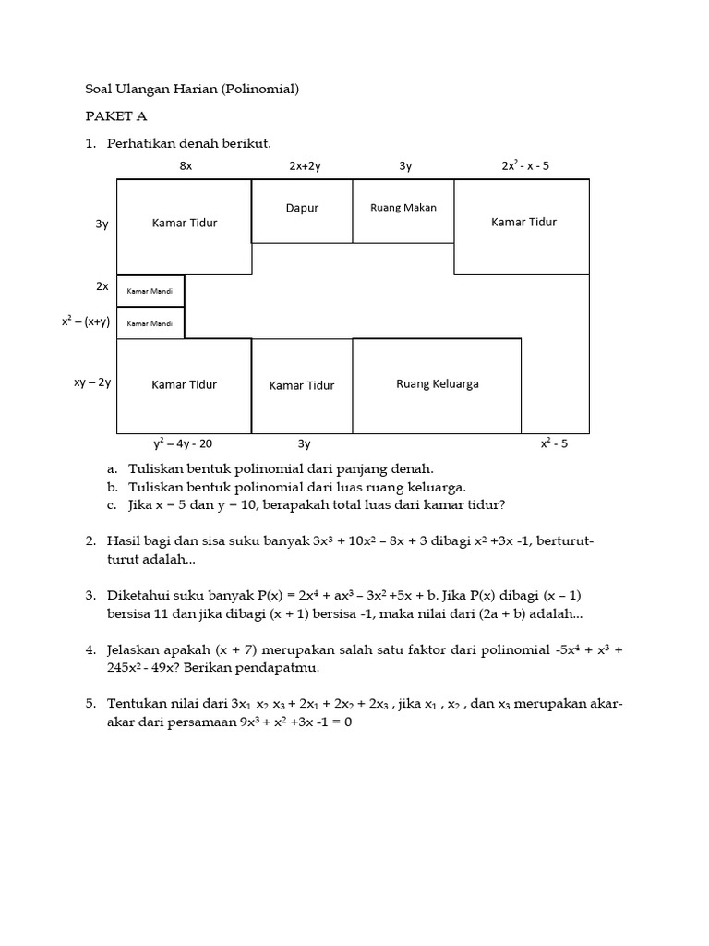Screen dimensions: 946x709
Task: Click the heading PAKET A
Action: tap(116, 116)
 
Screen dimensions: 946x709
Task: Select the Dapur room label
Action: tap(302, 208)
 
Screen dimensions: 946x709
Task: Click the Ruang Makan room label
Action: tap(403, 208)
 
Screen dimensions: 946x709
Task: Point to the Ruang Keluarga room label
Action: tap(438, 384)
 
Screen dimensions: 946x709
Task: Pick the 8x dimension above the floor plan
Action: tap(186, 166)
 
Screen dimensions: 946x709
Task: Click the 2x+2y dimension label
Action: tap(304, 166)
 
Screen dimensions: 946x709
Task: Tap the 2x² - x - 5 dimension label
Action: tap(525, 166)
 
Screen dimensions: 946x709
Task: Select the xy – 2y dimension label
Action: tap(92, 382)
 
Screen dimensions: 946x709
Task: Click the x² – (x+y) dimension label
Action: tap(86, 321)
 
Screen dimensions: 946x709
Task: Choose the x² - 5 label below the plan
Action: tap(554, 443)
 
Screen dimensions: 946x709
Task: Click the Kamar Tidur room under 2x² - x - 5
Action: tap(523, 222)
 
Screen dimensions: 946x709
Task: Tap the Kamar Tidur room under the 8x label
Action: tap(185, 223)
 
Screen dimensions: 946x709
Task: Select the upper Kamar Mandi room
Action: tap(150, 291)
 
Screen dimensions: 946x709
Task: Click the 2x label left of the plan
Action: tap(102, 286)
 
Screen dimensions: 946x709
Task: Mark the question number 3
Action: tap(90, 596)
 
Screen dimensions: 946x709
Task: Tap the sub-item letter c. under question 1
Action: tap(111, 504)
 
